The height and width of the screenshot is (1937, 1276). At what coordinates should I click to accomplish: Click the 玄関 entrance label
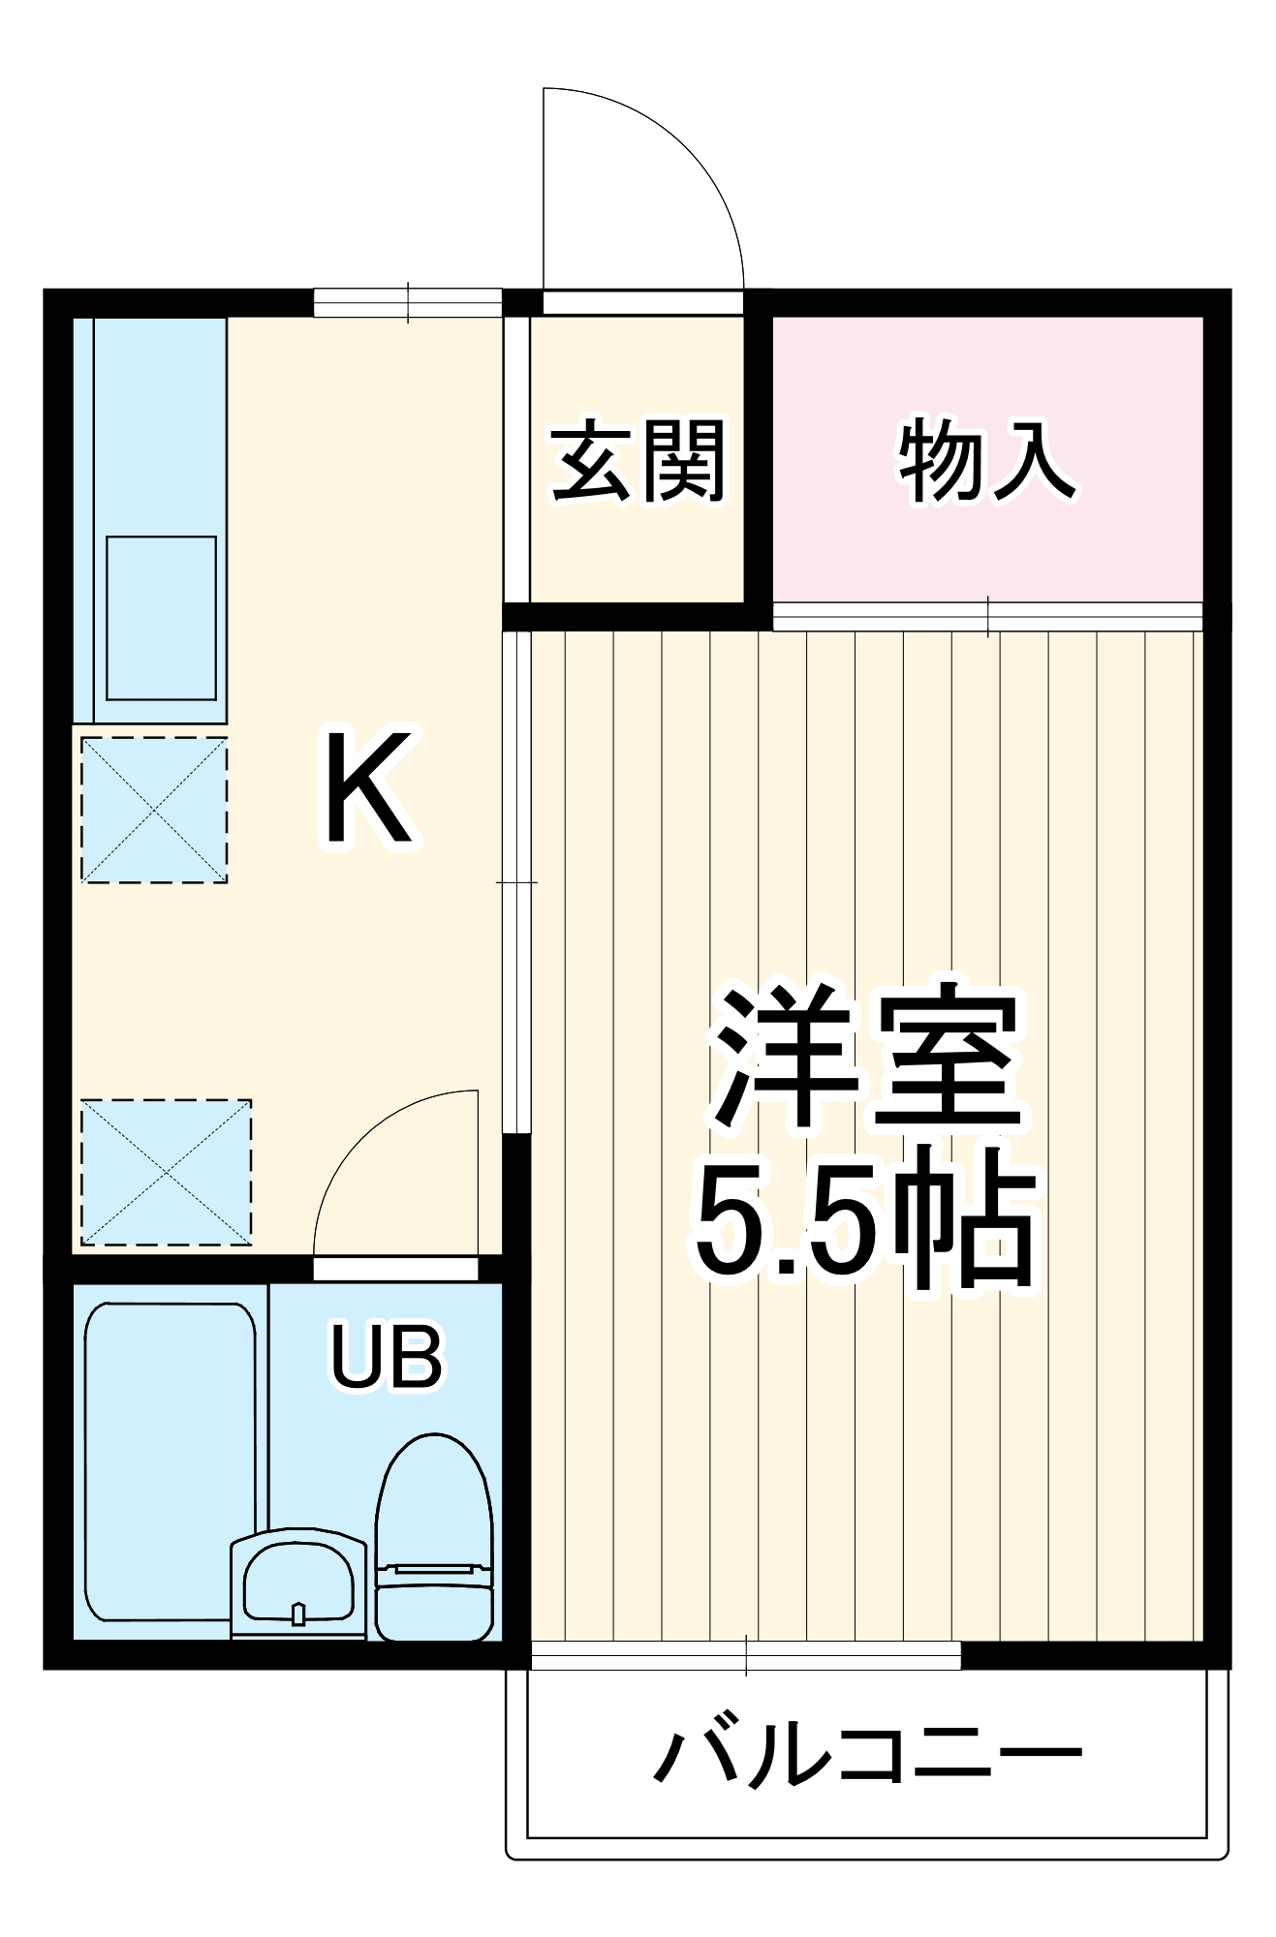coord(638,462)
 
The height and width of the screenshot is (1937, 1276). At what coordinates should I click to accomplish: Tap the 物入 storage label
coord(986,462)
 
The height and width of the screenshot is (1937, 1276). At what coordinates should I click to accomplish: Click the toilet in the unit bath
coord(434,1540)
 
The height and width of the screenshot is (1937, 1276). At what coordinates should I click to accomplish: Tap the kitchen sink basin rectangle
coord(161,618)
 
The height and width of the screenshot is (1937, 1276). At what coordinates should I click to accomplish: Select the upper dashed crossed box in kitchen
coord(154,810)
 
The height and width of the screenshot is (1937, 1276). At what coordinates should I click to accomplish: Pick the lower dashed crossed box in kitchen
coord(166,1172)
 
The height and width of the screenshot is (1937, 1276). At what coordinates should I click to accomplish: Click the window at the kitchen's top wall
coord(408,303)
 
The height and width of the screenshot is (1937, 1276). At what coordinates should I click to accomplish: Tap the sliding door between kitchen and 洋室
coord(517,881)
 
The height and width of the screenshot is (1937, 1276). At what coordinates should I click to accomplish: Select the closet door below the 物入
coord(987,616)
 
